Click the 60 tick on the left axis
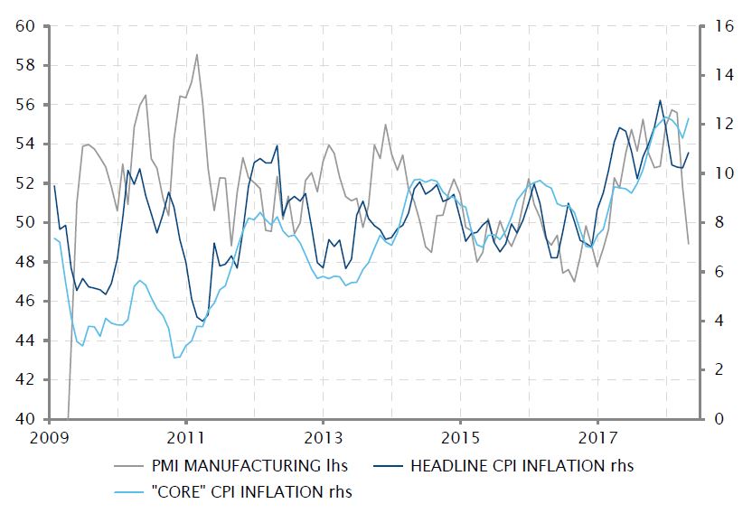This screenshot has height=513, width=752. (24, 26)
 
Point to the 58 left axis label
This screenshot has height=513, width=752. (24, 65)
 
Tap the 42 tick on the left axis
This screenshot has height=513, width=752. (24, 380)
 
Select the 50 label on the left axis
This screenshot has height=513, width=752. (24, 222)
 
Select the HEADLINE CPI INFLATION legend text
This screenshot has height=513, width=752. (522, 467)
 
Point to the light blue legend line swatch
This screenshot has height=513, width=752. (132, 492)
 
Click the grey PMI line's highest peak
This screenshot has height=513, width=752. (197, 55)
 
